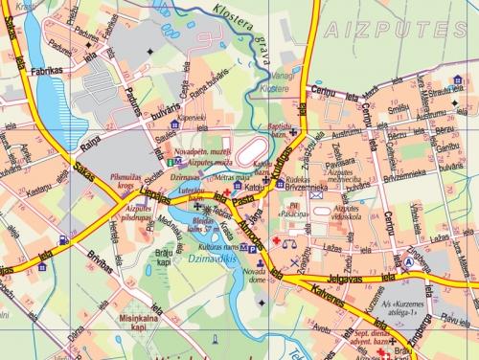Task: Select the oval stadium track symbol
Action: point(251,152)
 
